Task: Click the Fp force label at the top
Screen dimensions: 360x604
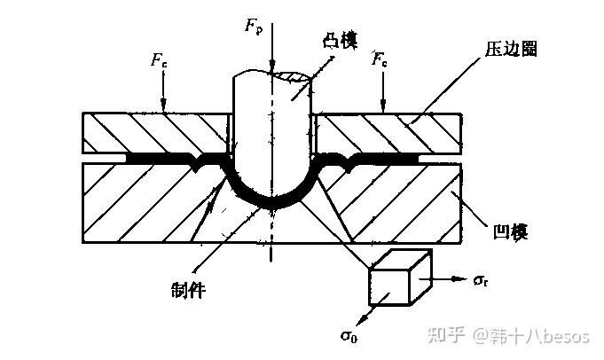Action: click(251, 26)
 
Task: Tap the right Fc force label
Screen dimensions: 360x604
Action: click(379, 61)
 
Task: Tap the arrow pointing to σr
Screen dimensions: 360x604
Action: click(449, 279)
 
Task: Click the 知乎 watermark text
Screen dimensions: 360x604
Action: click(444, 336)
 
